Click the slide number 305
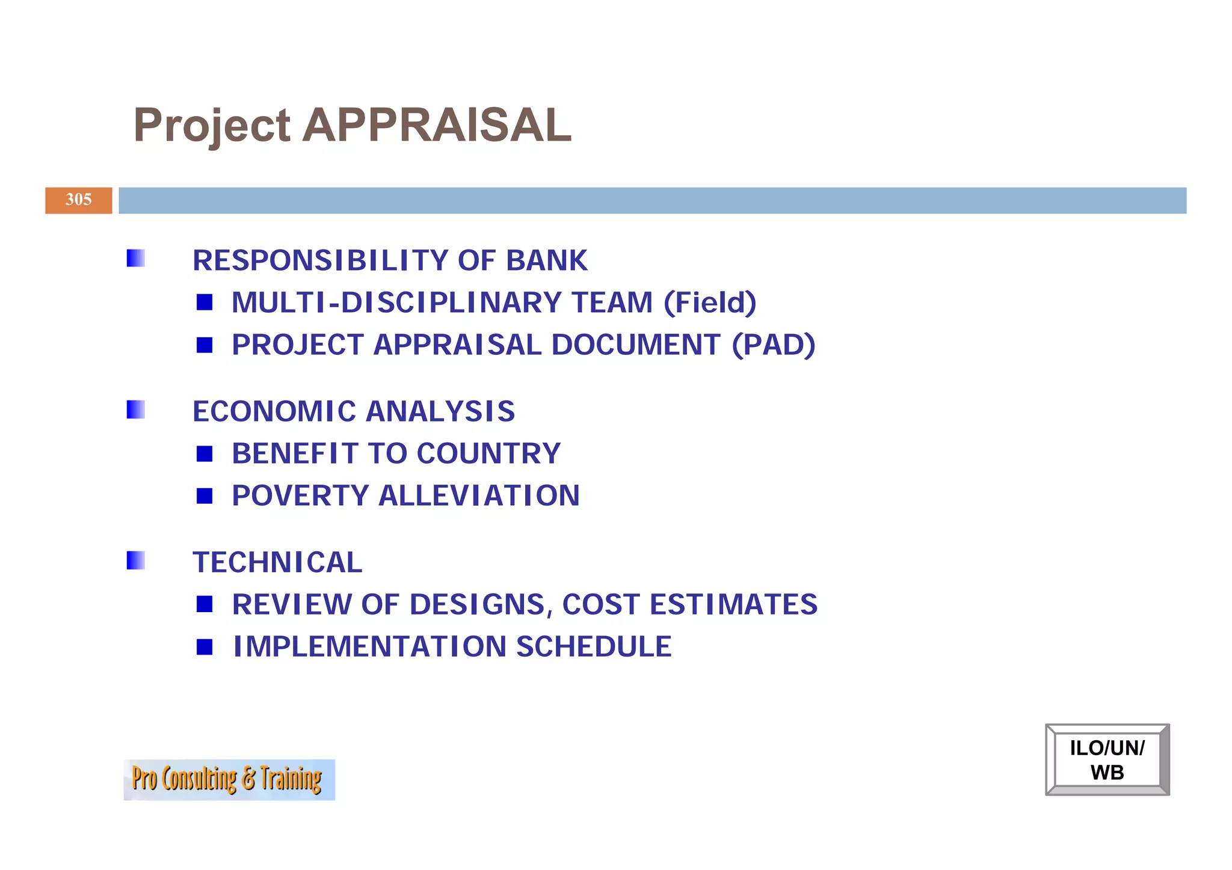(79, 200)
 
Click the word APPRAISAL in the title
(437, 125)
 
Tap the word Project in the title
(212, 126)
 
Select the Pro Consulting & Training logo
(229, 779)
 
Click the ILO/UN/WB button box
(1107, 759)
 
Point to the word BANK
(546, 260)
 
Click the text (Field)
(710, 302)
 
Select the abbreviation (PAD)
(774, 345)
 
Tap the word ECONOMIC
(274, 411)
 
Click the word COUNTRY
(488, 453)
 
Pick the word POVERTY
(300, 496)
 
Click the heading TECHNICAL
(277, 562)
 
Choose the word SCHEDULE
(594, 647)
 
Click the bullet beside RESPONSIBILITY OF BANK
(136, 259)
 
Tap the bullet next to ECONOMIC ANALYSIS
(136, 409)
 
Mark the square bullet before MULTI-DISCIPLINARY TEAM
(205, 302)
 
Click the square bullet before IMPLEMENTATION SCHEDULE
(205, 647)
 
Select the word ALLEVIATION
(479, 496)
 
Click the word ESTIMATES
(734, 605)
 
